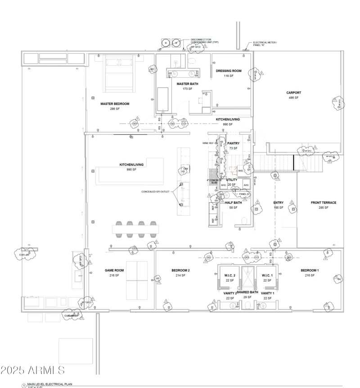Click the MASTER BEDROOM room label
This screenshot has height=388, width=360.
click(x=115, y=103)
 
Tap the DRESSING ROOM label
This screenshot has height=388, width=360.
click(x=229, y=71)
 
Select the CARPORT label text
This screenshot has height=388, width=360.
click(x=293, y=93)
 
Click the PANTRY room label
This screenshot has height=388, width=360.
click(x=233, y=143)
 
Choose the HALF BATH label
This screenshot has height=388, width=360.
click(x=233, y=202)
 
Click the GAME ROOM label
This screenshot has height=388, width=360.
click(x=114, y=270)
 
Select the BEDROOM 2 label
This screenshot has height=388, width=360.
click(x=180, y=270)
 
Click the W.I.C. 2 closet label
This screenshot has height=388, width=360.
click(x=230, y=275)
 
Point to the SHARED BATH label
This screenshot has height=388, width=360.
click(x=247, y=292)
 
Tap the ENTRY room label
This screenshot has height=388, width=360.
click(x=279, y=202)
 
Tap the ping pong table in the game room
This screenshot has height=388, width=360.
click(x=137, y=278)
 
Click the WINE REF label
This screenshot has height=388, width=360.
click(x=208, y=143)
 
